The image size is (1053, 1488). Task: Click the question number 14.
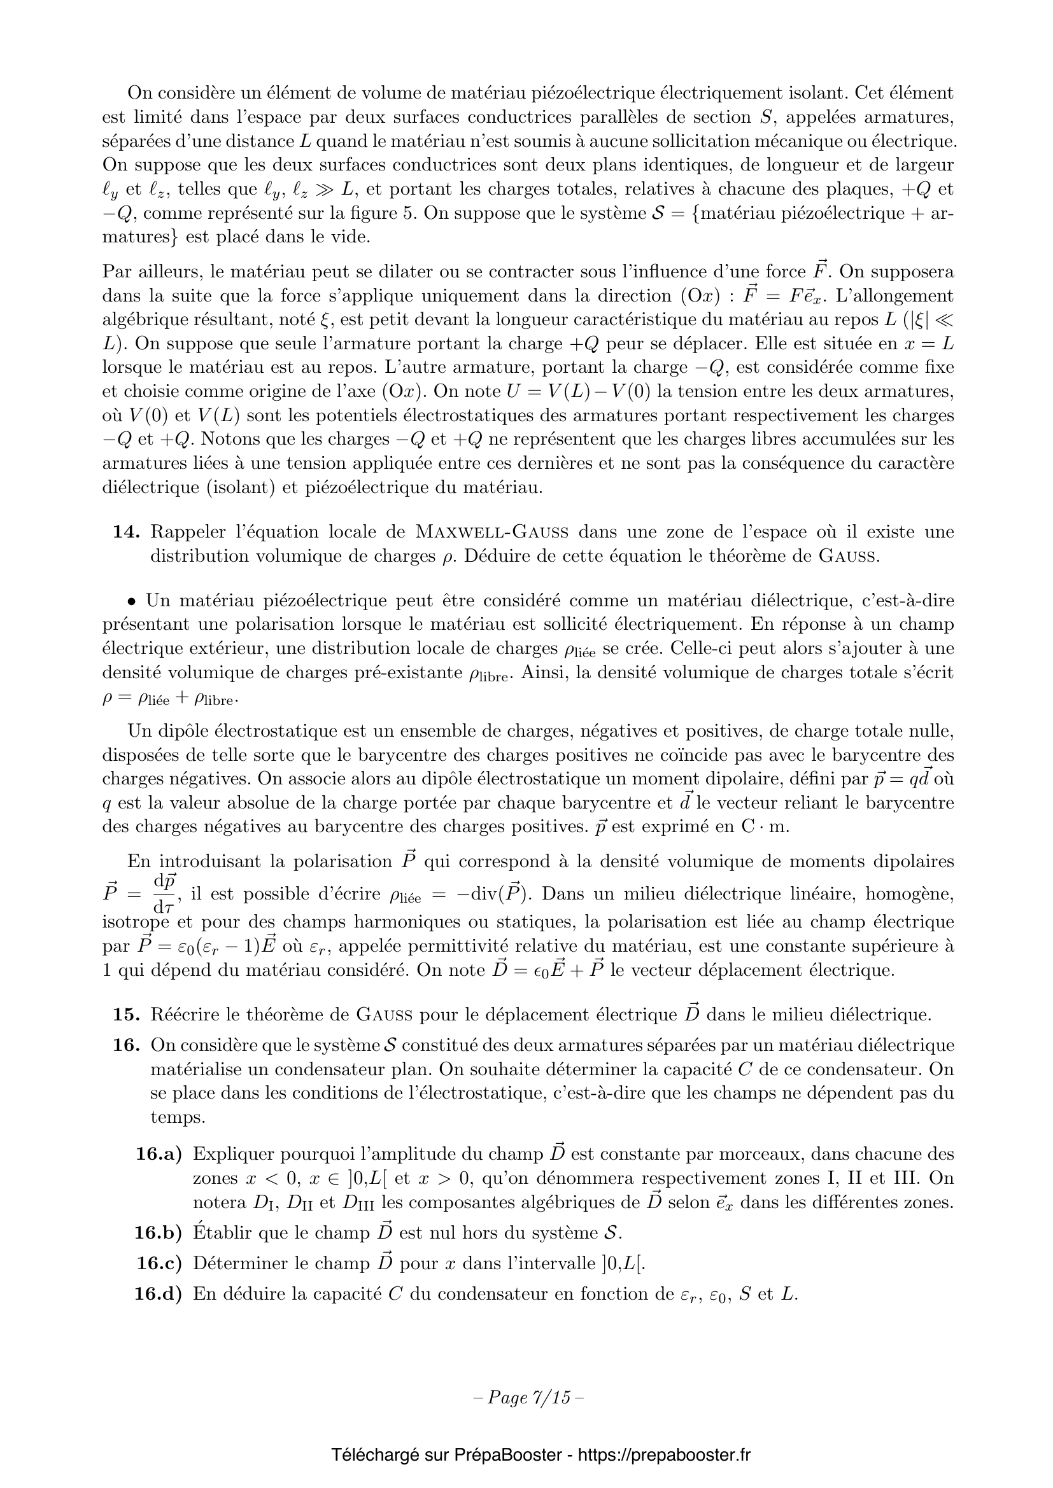[x=127, y=532]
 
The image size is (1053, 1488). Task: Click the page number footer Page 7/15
[x=528, y=1398]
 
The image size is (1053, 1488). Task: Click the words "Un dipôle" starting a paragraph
[x=169, y=731]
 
